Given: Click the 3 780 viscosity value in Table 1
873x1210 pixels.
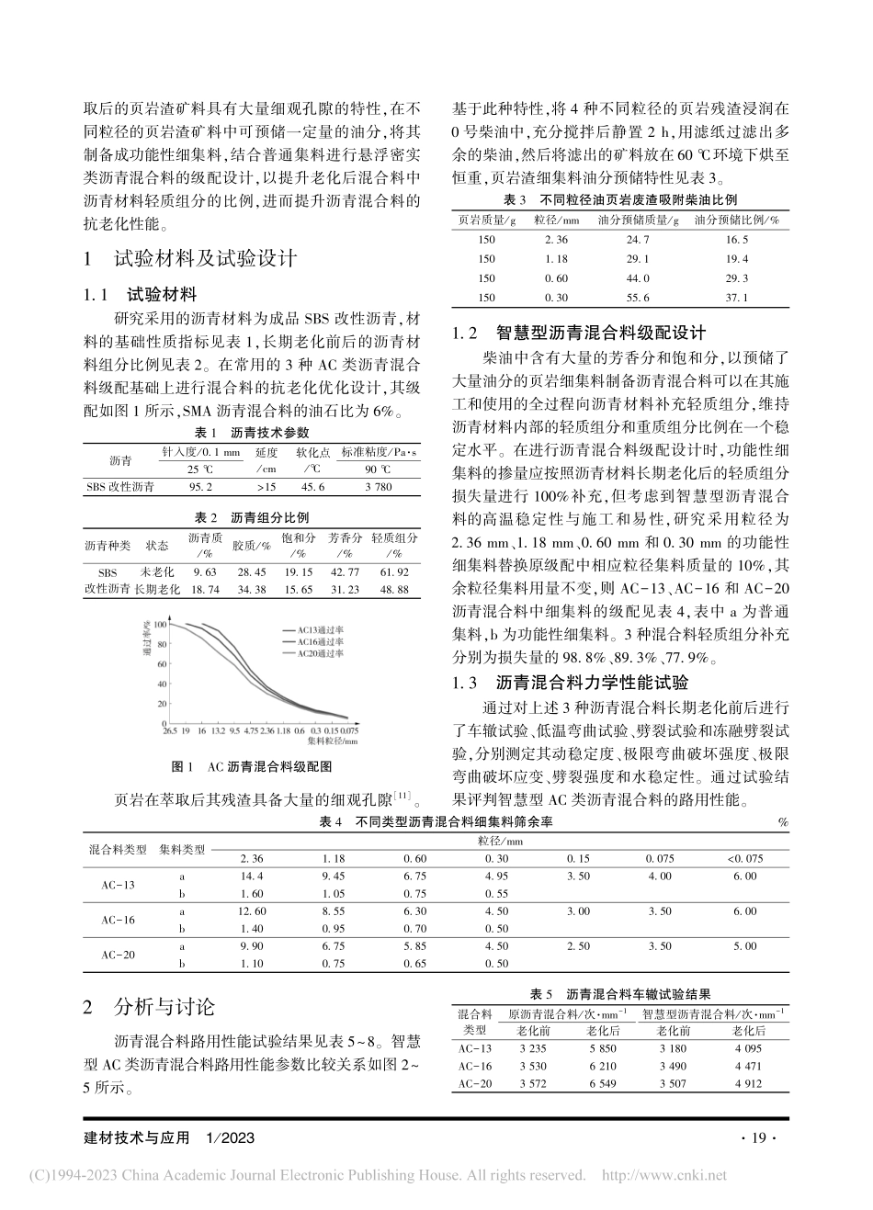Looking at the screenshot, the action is [377, 487].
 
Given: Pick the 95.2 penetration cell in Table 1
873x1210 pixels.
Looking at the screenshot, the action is [201, 487].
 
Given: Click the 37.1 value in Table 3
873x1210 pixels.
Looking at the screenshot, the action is [737, 297].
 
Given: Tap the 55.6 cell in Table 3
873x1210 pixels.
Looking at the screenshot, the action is [637, 297].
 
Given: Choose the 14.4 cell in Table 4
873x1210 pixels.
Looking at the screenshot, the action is [251, 876].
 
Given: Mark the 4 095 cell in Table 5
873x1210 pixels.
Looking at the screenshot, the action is [748, 1048].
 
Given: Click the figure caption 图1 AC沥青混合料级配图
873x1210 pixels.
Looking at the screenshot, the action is [251, 765].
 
